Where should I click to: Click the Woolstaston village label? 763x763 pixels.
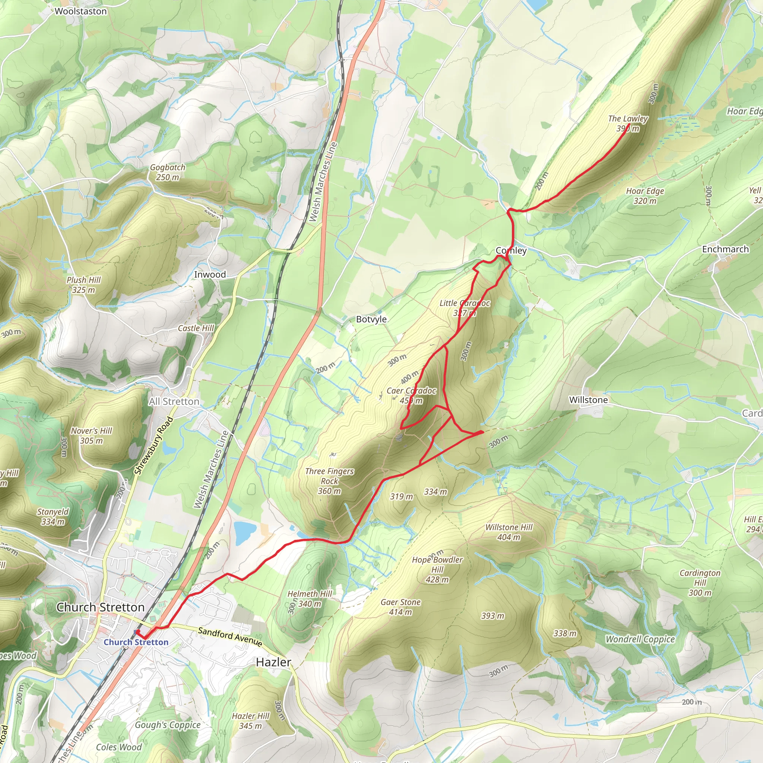[80, 11]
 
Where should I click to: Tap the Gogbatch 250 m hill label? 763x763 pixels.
[167, 172]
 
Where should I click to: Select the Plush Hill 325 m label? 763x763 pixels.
[84, 285]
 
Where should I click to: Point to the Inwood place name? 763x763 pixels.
[210, 275]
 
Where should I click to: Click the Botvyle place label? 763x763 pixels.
[371, 319]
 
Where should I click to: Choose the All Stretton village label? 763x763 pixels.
[174, 401]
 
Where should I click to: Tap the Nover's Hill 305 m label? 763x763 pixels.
[92, 436]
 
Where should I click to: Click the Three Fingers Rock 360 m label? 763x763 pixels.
[329, 481]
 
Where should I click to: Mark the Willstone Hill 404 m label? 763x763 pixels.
[509, 532]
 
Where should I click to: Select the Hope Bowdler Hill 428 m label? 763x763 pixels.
[437, 570]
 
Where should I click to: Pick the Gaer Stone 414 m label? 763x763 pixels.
[401, 607]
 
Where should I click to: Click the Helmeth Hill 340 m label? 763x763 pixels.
[310, 599]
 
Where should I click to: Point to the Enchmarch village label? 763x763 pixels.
[725, 249]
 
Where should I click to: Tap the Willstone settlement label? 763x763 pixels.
[588, 400]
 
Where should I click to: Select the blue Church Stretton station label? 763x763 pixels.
[136, 642]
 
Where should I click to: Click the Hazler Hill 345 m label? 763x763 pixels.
[250, 721]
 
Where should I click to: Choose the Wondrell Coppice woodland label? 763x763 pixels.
[640, 639]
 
